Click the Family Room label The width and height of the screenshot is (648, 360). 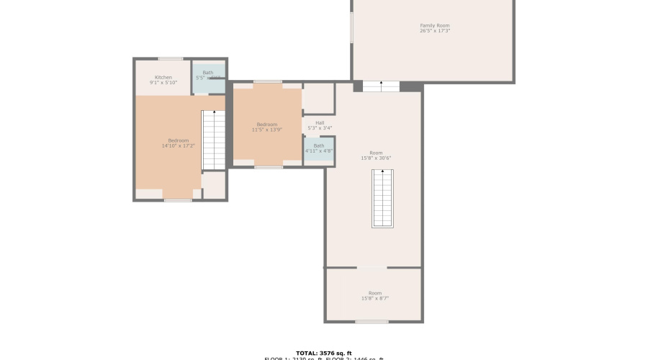click(435, 26)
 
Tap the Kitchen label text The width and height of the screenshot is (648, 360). click(163, 77)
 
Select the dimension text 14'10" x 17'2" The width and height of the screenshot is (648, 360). click(179, 146)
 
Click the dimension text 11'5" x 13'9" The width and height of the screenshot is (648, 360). click(266, 130)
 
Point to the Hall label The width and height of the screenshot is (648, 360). click(319, 122)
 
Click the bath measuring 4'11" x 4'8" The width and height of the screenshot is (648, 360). click(319, 151)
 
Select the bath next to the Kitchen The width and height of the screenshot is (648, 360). click(209, 78)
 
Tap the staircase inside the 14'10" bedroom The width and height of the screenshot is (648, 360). click(213, 140)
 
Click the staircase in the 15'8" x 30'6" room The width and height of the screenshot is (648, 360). click(382, 199)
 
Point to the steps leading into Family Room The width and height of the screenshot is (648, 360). click(381, 86)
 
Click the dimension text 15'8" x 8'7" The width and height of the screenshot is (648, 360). click(375, 299)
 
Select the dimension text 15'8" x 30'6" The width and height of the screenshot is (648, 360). click(376, 158)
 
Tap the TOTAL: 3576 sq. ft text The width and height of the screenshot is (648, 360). click(323, 353)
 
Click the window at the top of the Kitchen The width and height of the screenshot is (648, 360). click(171, 59)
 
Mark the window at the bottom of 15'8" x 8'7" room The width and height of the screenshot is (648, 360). click(372, 321)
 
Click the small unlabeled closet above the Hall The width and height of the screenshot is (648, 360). click(318, 98)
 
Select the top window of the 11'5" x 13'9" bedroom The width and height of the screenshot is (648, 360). click(268, 82)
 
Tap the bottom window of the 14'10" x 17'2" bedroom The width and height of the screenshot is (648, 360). click(178, 200)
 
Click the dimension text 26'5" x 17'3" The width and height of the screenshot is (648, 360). click(435, 31)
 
